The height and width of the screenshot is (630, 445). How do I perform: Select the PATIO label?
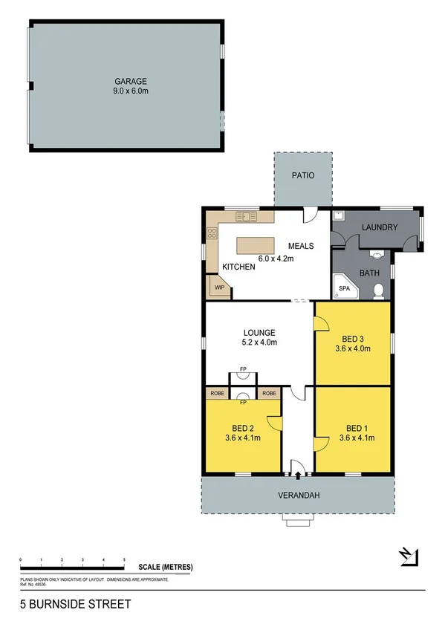pos(302,176)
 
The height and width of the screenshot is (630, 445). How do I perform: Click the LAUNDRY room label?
pos(380,227)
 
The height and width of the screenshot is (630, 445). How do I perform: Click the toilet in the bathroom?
pos(378,290)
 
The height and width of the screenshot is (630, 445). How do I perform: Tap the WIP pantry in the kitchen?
pos(219,287)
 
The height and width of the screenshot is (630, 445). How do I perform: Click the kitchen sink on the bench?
pos(246,216)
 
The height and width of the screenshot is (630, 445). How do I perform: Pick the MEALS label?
pos(301,246)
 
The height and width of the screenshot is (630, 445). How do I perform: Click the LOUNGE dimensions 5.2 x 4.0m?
pos(259,342)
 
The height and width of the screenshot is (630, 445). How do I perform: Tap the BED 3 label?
pos(352,337)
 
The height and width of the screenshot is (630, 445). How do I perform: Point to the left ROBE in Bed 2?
pos(217,393)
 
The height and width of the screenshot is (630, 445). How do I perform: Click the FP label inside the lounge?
pos(243,368)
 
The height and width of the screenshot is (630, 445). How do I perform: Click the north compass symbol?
pos(408,556)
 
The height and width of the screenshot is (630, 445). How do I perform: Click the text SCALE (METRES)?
pos(166,568)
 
